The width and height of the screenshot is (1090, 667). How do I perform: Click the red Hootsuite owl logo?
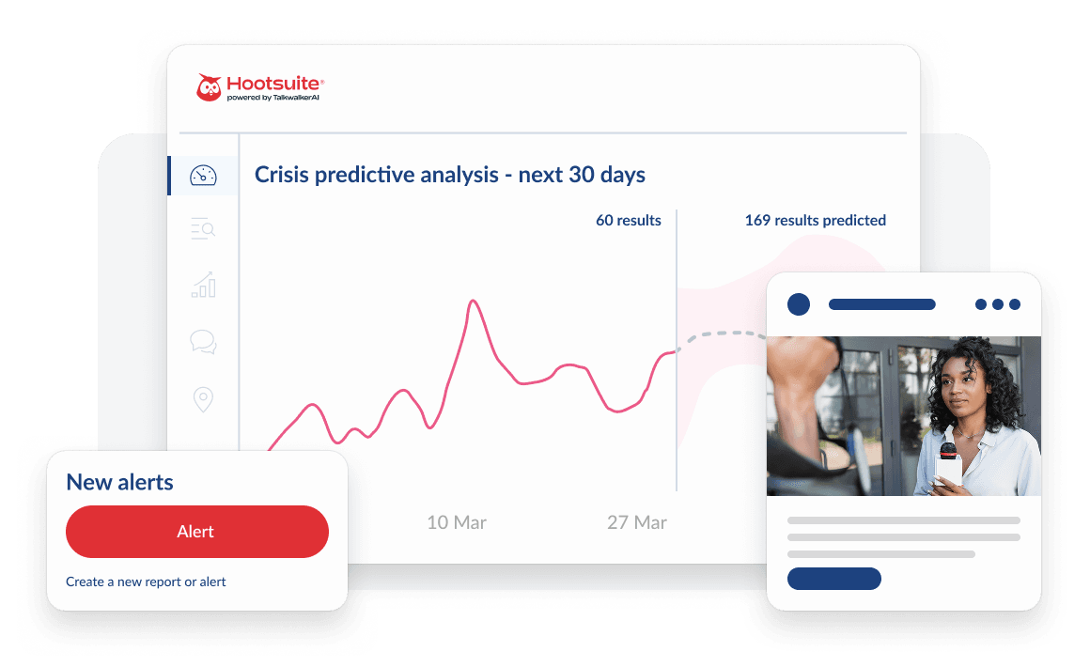[x=209, y=87]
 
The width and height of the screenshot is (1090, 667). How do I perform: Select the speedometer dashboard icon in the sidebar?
[x=203, y=176]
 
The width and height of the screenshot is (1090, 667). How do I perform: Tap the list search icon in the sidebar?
[x=203, y=228]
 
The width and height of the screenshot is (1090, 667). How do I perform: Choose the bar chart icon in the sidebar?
[x=203, y=286]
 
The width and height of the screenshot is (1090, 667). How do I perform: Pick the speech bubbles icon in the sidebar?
[x=203, y=342]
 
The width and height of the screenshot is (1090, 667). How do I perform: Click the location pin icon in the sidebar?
[x=203, y=399]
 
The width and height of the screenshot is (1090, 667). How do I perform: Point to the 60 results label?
[x=628, y=221]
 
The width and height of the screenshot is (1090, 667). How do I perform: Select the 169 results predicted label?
[x=815, y=221]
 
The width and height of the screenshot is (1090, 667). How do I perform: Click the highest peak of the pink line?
[x=473, y=302]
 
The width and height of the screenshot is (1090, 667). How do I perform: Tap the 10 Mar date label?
[x=457, y=522]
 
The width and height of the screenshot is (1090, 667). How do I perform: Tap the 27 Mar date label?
[x=636, y=522]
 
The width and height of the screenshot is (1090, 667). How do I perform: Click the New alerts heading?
[x=119, y=483]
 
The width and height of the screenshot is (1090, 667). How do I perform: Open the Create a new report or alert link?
[x=146, y=582]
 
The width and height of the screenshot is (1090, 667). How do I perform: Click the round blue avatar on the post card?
[x=798, y=304]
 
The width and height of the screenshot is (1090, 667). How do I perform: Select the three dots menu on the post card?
[x=997, y=304]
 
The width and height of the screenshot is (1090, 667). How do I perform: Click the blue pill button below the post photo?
[x=833, y=579]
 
